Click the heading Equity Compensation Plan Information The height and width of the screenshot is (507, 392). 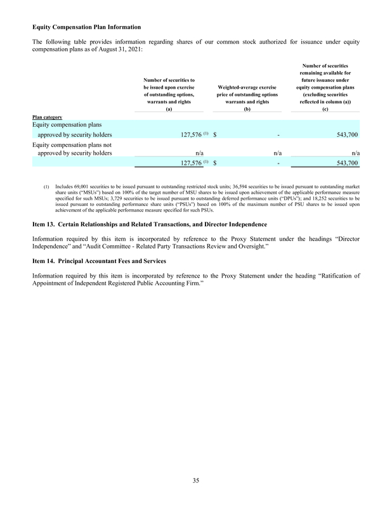(x=86, y=27)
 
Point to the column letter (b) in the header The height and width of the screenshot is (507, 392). (x=248, y=109)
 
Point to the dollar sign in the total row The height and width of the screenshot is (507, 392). (x=216, y=163)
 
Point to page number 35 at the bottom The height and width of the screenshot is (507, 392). (x=196, y=482)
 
